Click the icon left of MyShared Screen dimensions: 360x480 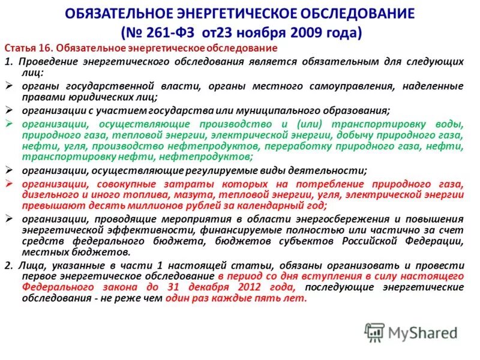tap(374, 332)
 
